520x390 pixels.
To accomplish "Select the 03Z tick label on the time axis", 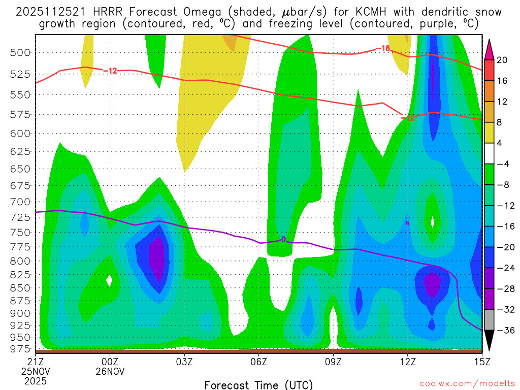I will (x=184, y=362).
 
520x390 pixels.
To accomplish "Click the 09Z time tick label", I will (x=333, y=362).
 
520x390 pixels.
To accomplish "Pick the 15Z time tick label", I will (x=481, y=362).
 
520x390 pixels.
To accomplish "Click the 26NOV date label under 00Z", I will (x=110, y=371).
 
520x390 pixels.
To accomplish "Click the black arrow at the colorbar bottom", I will (x=489, y=340).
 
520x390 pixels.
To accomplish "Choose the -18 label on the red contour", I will (x=383, y=49).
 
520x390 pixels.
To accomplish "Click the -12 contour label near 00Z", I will (x=110, y=71).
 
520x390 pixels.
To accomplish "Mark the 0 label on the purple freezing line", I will (x=283, y=239).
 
